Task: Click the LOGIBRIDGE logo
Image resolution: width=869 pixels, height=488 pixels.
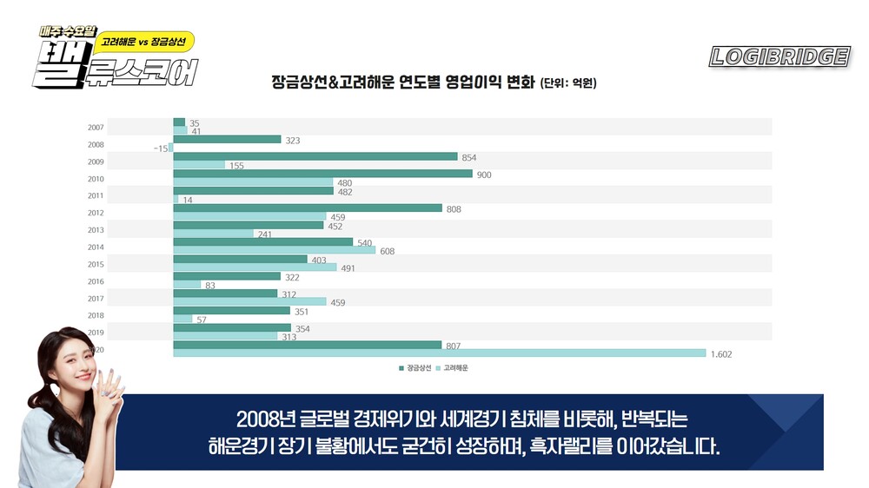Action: click(x=779, y=57)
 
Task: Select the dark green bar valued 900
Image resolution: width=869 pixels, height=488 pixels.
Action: click(x=322, y=174)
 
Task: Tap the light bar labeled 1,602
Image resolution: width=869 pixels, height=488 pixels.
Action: click(x=439, y=353)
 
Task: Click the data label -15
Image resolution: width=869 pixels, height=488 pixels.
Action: click(x=161, y=148)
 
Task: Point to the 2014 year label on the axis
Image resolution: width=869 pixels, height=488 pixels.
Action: click(x=96, y=247)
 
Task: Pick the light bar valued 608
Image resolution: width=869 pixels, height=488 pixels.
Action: click(x=275, y=250)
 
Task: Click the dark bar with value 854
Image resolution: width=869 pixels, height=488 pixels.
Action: click(x=315, y=156)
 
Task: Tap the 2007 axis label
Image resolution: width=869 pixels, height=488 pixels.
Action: click(x=96, y=128)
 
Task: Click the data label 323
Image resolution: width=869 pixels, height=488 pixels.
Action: click(x=293, y=140)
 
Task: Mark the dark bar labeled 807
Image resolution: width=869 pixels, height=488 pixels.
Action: click(x=308, y=345)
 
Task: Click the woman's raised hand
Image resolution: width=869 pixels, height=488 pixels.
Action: click(x=108, y=382)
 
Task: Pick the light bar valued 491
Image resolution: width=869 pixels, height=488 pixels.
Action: click(x=255, y=267)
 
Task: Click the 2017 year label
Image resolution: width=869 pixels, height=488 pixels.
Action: click(x=96, y=299)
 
